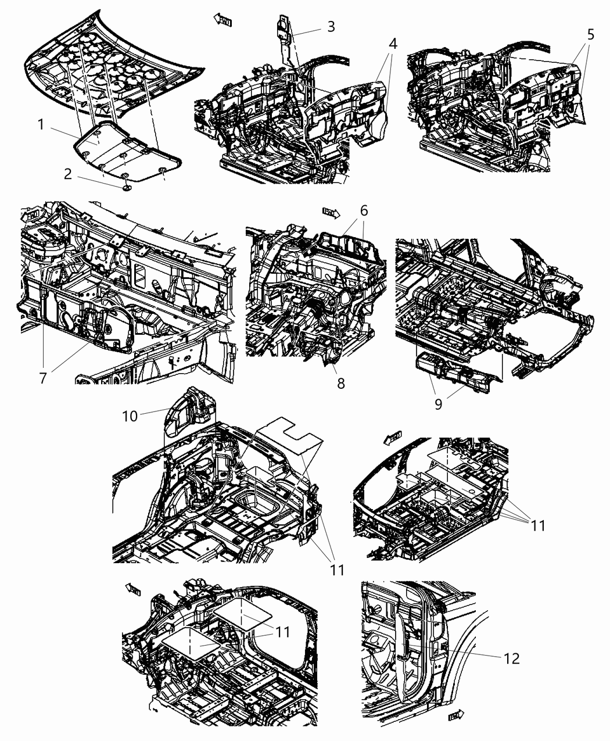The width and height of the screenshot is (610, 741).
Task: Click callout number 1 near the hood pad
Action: tap(41, 124)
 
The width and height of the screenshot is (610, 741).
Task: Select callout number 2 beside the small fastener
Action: tap(69, 174)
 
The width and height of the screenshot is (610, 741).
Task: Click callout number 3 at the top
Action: tap(331, 26)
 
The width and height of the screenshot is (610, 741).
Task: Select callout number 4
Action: tap(393, 43)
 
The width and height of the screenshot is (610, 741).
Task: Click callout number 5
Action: tap(590, 34)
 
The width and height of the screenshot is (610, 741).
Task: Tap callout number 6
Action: tap(364, 210)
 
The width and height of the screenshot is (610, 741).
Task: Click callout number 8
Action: tap(340, 382)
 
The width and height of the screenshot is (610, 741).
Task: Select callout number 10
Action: tap(130, 416)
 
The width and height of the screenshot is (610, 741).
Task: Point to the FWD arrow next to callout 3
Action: tap(223, 20)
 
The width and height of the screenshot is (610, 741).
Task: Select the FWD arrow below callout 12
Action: tap(457, 716)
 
